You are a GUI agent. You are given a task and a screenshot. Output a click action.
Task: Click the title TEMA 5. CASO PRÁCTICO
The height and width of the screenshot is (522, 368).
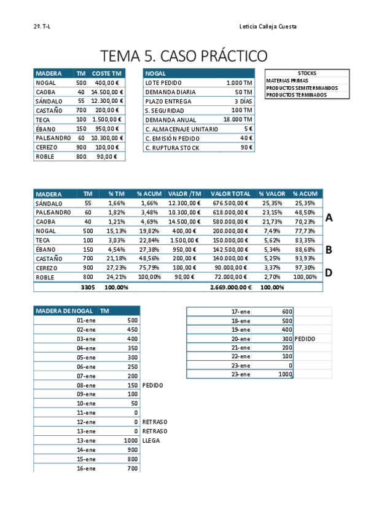pos(184,56)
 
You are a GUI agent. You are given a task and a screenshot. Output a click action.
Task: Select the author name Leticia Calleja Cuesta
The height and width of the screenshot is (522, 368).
pos(268,26)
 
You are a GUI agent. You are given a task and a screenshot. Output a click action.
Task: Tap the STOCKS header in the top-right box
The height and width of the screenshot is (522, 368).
pos(307,73)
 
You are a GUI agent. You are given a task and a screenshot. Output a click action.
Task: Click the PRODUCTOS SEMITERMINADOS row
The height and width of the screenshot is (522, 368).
pos(302,88)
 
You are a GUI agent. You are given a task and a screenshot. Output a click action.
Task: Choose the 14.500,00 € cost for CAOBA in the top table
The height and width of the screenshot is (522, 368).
pos(107,92)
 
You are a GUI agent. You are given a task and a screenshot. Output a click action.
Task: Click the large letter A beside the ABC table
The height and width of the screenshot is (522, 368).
pos(329,217)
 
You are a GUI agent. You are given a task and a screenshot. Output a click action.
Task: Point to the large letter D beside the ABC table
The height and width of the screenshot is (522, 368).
pos(329,272)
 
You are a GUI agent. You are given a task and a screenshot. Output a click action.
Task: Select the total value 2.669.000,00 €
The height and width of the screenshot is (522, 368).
pos(230,287)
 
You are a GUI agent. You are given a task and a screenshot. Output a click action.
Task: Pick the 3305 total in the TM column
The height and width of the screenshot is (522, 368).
pos(88,287)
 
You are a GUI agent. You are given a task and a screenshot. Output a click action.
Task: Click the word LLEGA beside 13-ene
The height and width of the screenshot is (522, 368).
pos(151,441)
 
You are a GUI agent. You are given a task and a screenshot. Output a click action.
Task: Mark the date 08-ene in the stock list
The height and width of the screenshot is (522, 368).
pos(86,385)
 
